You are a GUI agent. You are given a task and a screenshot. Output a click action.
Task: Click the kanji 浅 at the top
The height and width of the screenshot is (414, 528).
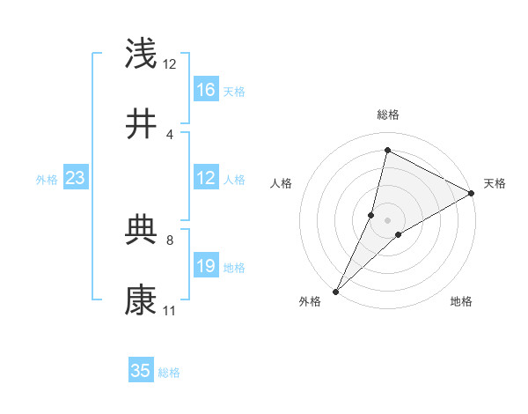point(142,54)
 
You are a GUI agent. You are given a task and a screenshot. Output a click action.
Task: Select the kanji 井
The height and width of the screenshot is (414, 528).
point(142,124)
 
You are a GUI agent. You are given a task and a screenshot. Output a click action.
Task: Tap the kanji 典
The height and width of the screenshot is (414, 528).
point(142,230)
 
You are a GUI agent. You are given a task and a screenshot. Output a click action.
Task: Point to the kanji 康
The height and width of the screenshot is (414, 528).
point(142,300)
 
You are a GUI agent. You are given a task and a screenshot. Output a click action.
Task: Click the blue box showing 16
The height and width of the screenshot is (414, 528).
point(206,89)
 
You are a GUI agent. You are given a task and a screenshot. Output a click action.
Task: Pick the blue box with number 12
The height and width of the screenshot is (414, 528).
point(206,178)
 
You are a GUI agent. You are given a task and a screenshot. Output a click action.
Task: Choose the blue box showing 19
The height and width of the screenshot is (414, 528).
point(206,266)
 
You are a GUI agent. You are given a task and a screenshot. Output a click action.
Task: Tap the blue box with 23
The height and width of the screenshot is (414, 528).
point(76,178)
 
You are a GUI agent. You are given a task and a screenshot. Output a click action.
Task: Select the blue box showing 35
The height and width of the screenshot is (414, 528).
point(141,371)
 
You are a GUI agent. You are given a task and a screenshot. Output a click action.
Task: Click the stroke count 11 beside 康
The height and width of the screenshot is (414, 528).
point(169,311)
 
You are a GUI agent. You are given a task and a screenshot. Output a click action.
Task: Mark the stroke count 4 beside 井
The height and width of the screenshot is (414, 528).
point(169,134)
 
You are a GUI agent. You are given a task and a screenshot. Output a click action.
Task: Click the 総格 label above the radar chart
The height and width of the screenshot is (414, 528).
point(387,115)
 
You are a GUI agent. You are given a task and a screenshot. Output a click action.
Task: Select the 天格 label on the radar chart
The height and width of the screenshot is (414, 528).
point(495,183)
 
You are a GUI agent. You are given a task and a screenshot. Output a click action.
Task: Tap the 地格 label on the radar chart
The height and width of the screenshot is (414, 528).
point(461,302)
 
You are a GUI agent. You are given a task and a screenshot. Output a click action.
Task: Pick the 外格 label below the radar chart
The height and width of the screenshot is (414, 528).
point(310,302)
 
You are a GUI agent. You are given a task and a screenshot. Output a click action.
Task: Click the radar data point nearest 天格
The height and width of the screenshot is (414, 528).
point(472,193)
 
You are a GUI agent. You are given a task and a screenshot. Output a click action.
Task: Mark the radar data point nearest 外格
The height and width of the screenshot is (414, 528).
point(335,291)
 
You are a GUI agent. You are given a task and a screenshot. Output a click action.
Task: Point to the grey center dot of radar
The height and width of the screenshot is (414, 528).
point(387,220)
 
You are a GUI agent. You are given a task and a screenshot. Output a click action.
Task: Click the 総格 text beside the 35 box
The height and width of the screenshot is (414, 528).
point(169,373)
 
